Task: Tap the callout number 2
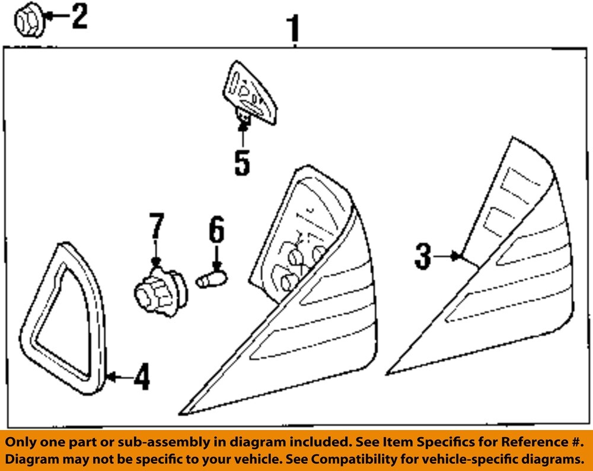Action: coord(78,16)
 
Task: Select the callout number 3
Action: coord(422,257)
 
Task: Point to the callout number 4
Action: coord(141,377)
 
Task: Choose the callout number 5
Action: coord(242,163)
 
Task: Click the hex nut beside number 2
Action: coord(27,21)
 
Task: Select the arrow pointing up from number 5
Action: coord(242,134)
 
